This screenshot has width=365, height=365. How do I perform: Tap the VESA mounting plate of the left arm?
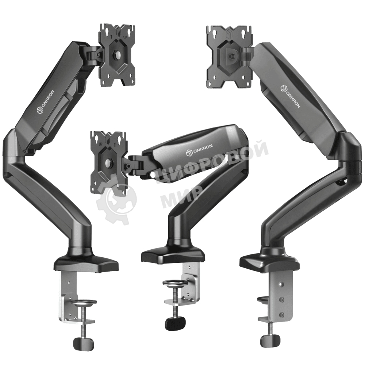tap(118, 55)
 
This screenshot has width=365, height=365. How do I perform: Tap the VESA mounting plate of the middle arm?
tap(109, 162)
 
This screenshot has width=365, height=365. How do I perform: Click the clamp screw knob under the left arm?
tap(84, 342)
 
